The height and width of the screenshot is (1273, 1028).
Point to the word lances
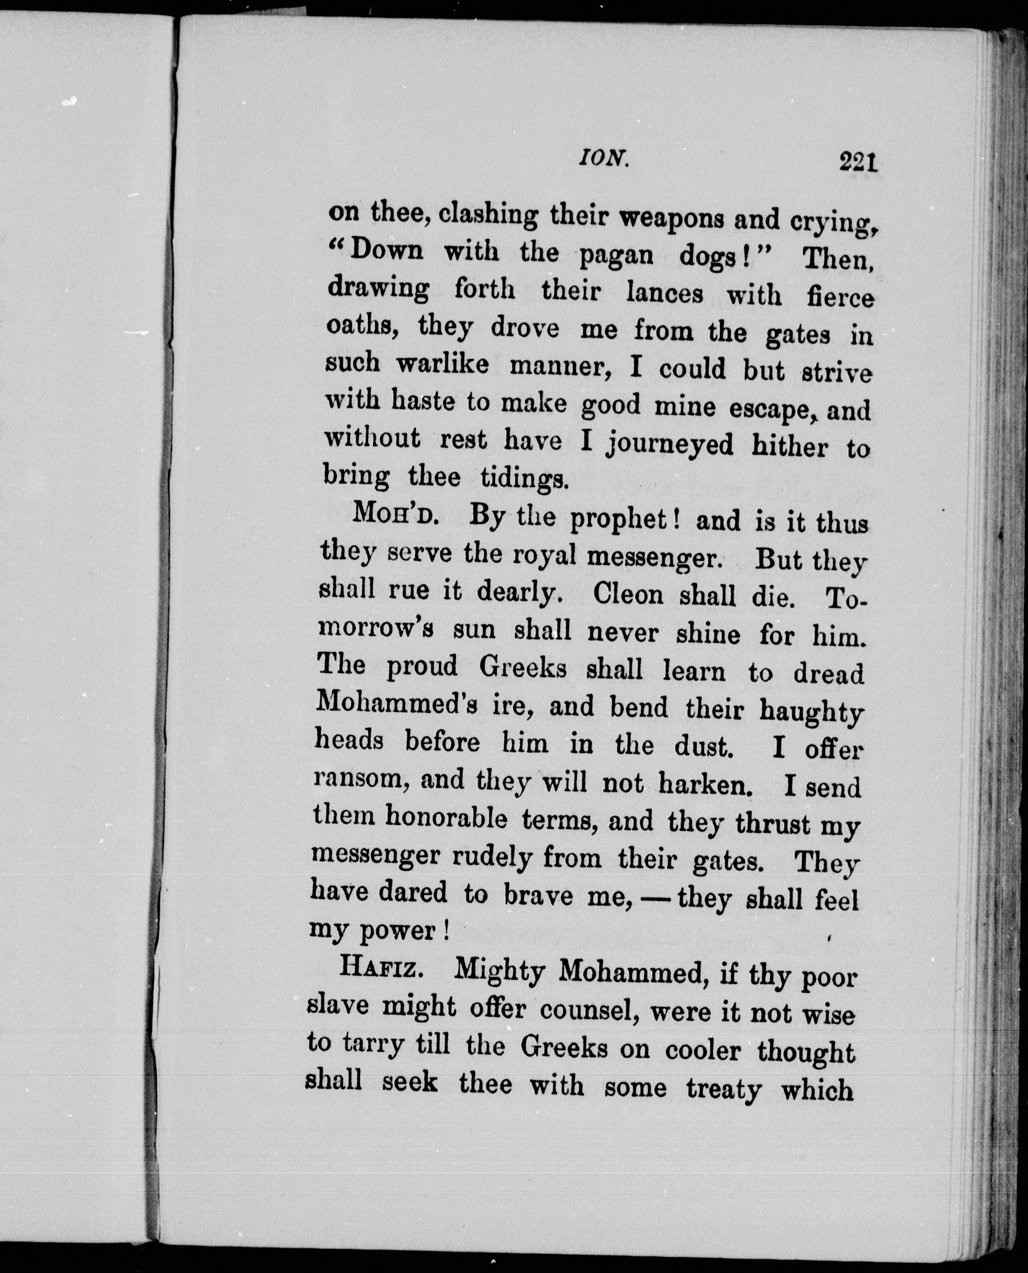coord(664,293)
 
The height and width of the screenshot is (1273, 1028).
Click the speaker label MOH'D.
coord(395,515)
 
